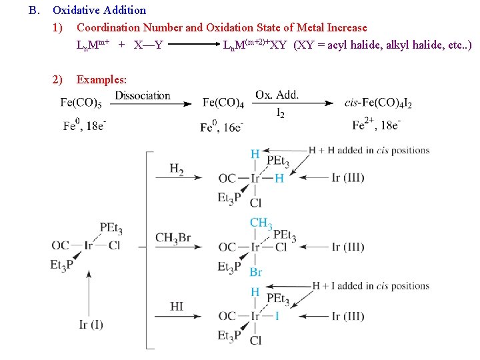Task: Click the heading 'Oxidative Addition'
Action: (x=99, y=10)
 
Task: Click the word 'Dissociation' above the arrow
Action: (x=143, y=95)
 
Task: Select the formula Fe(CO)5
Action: (x=81, y=103)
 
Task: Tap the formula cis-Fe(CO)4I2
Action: (x=378, y=103)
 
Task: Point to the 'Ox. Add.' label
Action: (x=277, y=95)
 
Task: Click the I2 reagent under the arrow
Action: (x=280, y=114)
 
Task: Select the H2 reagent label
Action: (x=177, y=169)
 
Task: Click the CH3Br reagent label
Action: (x=173, y=238)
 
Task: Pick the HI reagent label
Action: (x=177, y=307)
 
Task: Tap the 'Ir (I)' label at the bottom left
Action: (x=91, y=325)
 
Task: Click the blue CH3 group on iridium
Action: (x=261, y=223)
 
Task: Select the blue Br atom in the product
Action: (x=256, y=272)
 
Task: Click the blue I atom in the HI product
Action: (x=277, y=316)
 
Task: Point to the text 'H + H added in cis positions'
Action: (x=369, y=150)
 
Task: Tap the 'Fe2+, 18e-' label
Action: (x=377, y=125)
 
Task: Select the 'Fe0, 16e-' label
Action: (x=222, y=126)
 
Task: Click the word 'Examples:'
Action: (x=101, y=79)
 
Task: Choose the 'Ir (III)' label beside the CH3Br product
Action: (x=348, y=247)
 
